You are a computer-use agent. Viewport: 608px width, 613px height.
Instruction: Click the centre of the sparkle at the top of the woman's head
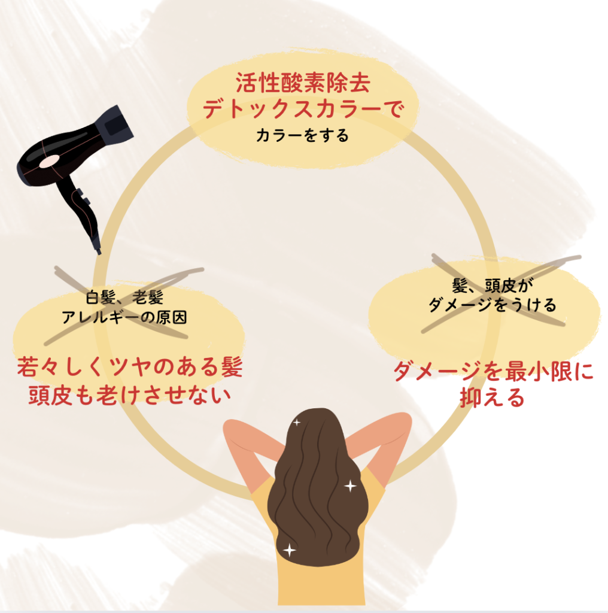point(297,422)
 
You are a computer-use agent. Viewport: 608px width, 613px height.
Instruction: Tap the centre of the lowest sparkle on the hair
point(289,550)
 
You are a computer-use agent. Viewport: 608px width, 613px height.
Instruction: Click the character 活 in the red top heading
point(246,83)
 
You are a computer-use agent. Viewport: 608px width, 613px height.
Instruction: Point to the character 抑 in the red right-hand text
point(471,397)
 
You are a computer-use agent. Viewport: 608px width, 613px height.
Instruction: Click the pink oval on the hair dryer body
point(49,162)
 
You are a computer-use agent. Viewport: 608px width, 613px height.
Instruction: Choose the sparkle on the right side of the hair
point(350,486)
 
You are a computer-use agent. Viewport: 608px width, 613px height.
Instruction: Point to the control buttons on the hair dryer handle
point(83,196)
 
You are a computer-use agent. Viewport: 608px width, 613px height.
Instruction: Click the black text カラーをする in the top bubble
point(302,136)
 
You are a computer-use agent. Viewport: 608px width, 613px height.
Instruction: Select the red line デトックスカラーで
point(302,108)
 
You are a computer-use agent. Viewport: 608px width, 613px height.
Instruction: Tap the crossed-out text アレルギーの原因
point(124,317)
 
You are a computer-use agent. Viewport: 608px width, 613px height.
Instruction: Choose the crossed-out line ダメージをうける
point(493,305)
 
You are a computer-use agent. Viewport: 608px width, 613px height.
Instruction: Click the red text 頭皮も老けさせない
point(130,395)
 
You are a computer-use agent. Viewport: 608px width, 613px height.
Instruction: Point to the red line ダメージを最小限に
point(494,371)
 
